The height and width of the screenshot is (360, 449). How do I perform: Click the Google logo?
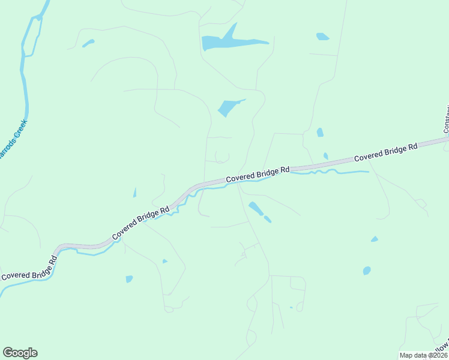point(20,353)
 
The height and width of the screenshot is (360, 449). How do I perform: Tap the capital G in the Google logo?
point(8,353)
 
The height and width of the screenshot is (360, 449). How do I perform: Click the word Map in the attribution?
point(406,356)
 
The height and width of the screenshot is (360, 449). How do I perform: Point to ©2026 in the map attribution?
point(436,356)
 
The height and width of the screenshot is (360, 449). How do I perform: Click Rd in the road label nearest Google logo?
point(53,260)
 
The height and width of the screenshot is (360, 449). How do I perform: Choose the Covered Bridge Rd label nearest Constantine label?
point(385,152)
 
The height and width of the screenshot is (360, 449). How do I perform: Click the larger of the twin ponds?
point(256,208)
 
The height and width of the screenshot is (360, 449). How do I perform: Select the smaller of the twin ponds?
point(267,219)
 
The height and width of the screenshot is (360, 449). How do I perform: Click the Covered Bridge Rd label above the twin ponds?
point(258,175)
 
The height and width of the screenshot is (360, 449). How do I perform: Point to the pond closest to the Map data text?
point(367,271)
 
